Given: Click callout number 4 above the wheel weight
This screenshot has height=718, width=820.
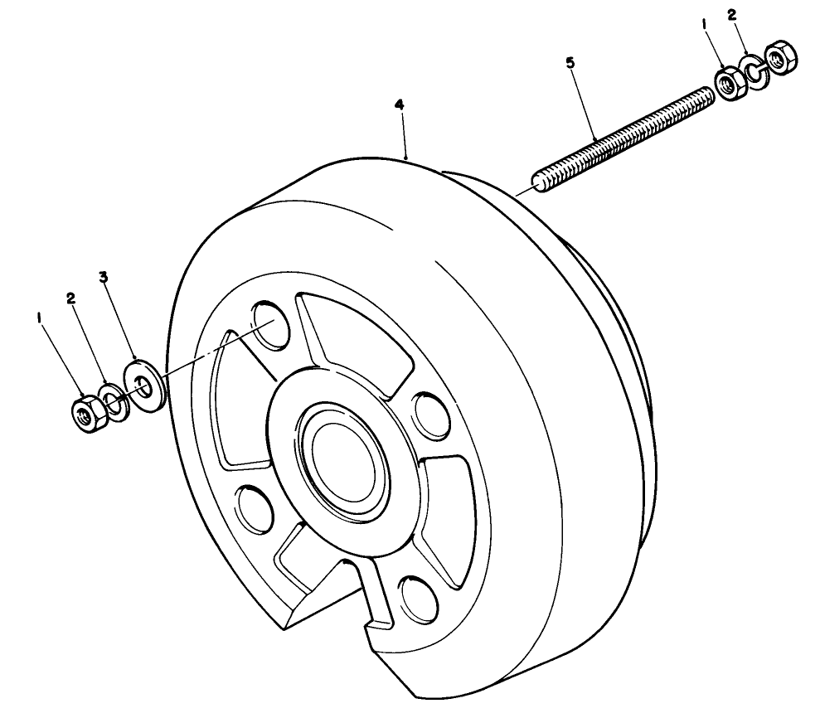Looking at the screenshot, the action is (x=399, y=105).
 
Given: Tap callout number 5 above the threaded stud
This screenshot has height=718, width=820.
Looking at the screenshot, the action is (x=570, y=63).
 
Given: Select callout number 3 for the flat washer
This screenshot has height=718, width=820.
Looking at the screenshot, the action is (x=104, y=277).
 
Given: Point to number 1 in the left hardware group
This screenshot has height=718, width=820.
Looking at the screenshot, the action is (x=39, y=318).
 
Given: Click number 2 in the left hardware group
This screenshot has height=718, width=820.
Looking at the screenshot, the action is (x=71, y=298).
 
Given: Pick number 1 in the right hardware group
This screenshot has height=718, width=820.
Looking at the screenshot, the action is (x=705, y=24).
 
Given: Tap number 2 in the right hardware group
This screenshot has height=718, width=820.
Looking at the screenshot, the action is (x=731, y=15).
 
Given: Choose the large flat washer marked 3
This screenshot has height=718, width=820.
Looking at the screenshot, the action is (x=144, y=386).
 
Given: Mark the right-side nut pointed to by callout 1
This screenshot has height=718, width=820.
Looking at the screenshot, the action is (x=730, y=84).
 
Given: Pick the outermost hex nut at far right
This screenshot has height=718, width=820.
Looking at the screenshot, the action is (x=780, y=56).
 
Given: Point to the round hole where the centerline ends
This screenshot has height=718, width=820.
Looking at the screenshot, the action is (x=271, y=324).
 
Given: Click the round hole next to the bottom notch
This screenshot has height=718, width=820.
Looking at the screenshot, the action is (x=420, y=600).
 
